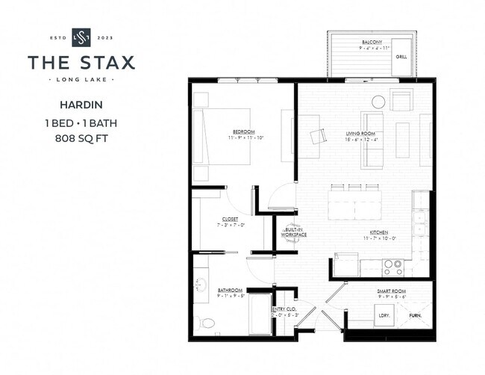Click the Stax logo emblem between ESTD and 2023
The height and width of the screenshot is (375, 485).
point(81,37)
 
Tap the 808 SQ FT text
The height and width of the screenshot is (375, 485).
point(81,138)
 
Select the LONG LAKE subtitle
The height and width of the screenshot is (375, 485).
point(81,79)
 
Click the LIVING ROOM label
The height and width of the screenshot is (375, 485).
point(359,134)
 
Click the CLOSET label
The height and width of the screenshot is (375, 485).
point(229,219)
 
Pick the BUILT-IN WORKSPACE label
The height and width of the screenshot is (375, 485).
point(294,232)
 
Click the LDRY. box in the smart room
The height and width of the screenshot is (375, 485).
point(385,316)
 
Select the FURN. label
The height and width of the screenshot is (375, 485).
point(415,316)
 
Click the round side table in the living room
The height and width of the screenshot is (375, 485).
point(378,101)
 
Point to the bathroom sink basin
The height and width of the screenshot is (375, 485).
point(199,285)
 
